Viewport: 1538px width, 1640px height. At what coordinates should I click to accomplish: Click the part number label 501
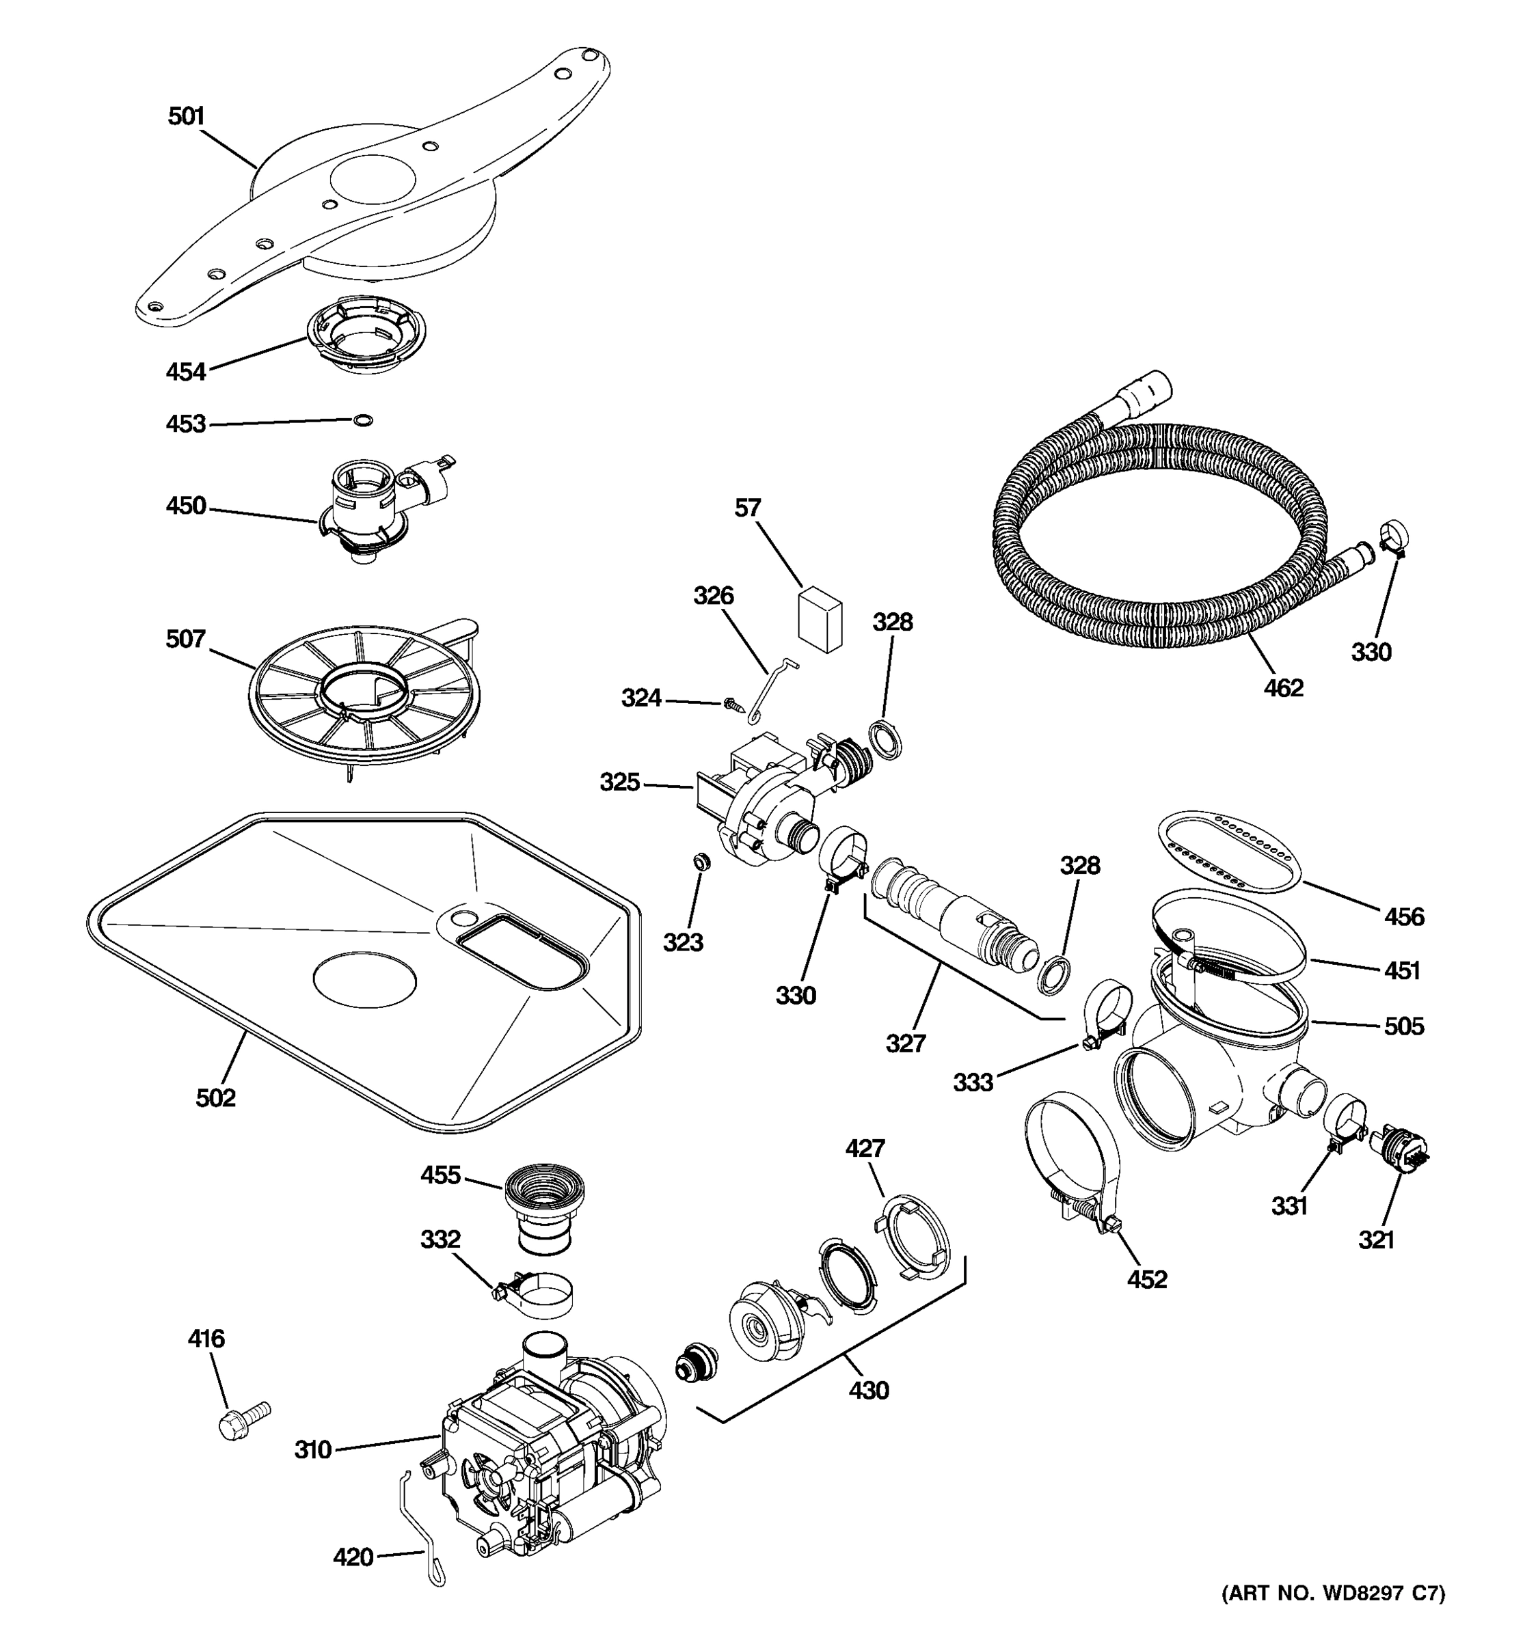(186, 116)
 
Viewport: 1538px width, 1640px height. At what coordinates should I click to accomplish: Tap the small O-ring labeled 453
(362, 421)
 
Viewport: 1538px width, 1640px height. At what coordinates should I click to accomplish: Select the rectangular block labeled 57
(820, 618)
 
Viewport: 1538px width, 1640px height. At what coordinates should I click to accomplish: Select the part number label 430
(869, 1391)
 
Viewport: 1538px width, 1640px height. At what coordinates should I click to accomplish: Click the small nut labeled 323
(701, 862)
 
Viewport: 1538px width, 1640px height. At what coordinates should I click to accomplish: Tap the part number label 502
(215, 1098)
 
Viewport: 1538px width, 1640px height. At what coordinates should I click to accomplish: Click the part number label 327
(906, 1043)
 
